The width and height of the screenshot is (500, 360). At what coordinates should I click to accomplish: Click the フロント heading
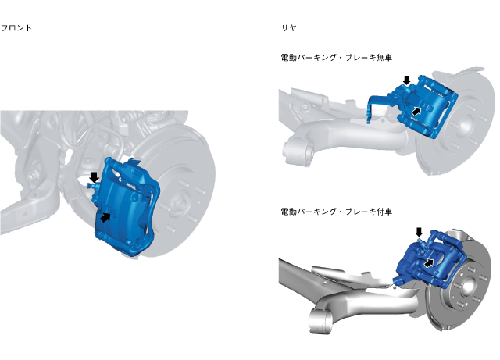(16, 28)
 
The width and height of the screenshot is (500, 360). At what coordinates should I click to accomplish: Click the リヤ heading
(289, 28)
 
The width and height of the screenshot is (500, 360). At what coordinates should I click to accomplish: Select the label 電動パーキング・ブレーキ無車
(337, 57)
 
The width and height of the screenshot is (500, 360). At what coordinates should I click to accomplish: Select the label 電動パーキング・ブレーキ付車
(337, 211)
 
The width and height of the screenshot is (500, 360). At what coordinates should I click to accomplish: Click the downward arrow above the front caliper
(94, 177)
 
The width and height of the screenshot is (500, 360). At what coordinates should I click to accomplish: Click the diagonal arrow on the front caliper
(105, 217)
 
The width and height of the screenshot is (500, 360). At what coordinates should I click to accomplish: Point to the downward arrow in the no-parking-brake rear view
(406, 80)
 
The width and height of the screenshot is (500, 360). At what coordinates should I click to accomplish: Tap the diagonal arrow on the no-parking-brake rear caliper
(416, 112)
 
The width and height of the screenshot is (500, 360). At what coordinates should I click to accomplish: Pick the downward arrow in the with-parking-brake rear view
(419, 232)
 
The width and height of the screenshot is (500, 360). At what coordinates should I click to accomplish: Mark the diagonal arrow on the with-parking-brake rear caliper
(429, 263)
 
